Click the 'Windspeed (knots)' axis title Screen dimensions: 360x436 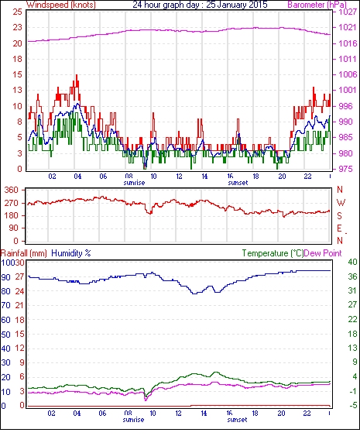61,5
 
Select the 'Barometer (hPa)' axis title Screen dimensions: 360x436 317,5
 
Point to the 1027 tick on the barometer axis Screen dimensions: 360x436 348,12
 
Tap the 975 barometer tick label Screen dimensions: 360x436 348,169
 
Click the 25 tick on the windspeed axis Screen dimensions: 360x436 17,12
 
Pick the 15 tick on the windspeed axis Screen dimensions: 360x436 17,74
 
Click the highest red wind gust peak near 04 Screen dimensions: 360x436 77,75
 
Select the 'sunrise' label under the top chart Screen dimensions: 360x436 134,183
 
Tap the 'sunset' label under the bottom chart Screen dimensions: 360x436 237,419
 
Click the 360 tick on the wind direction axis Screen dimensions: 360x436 12,191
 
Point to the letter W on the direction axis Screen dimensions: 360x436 341,203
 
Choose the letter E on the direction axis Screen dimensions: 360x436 339,228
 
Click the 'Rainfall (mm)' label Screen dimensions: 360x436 24,253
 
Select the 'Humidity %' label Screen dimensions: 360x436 71,253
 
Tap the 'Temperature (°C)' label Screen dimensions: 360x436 273,253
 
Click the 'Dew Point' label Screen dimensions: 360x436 323,253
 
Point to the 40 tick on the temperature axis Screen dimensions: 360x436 352,262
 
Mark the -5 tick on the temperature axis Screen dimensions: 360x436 352,406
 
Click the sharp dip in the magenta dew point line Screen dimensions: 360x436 146,400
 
